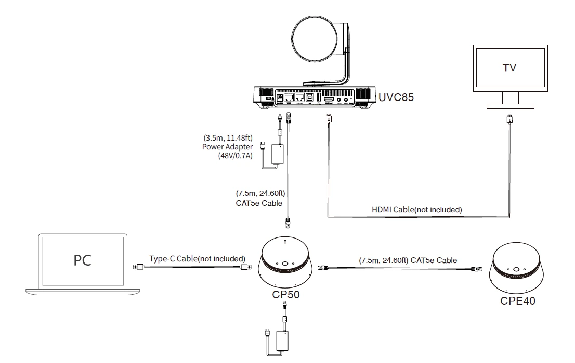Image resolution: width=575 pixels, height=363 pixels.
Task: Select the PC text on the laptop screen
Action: coord(82,260)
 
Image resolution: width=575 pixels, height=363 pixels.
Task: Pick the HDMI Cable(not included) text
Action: coord(417,210)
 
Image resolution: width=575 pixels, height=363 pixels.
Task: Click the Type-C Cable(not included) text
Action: coord(197,258)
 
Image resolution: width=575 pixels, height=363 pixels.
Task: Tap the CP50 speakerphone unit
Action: coord(285,264)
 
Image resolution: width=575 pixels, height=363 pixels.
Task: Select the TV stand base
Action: coord(510,106)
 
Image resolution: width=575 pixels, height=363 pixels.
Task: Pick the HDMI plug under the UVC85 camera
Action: coord(328,119)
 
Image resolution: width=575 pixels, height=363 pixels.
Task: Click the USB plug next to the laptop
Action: coord(138,267)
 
